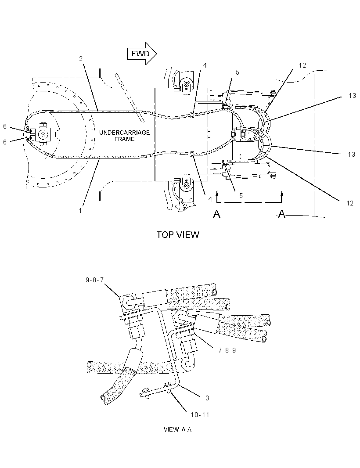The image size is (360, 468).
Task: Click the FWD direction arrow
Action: tap(142, 54)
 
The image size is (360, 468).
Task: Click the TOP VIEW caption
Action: tap(178, 235)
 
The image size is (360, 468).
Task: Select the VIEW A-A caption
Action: tap(178, 429)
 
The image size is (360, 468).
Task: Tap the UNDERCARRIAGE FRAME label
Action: tap(125, 136)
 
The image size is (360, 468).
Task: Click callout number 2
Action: tap(81, 59)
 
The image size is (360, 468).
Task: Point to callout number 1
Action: tap(80, 211)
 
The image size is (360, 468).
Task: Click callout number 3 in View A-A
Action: tap(207, 398)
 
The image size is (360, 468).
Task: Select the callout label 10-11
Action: tap(200, 414)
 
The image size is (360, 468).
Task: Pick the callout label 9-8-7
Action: tap(95, 280)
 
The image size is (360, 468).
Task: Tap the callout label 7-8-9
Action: tap(227, 350)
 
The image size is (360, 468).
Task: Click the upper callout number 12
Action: tap(302, 65)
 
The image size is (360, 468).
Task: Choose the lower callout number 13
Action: tap(352, 154)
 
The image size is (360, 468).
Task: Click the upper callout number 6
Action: tap(5, 126)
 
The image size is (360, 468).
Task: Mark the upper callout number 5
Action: tap(238, 72)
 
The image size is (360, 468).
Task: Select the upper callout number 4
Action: tap(205, 65)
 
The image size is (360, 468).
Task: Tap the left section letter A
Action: tap(217, 214)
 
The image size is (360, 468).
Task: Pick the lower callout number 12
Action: tap(350, 203)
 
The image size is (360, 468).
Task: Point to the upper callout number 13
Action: tap(352, 96)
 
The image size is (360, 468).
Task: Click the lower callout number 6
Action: tap(5, 142)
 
